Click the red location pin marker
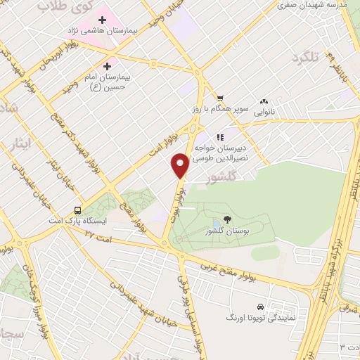point(180,165)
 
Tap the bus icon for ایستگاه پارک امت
point(77,210)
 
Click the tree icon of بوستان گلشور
point(226,219)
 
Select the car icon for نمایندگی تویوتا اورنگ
point(261,307)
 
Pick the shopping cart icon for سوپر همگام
point(220,98)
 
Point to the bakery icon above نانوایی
point(264,101)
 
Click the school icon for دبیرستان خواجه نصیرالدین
point(220,137)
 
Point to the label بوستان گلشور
point(224,231)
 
